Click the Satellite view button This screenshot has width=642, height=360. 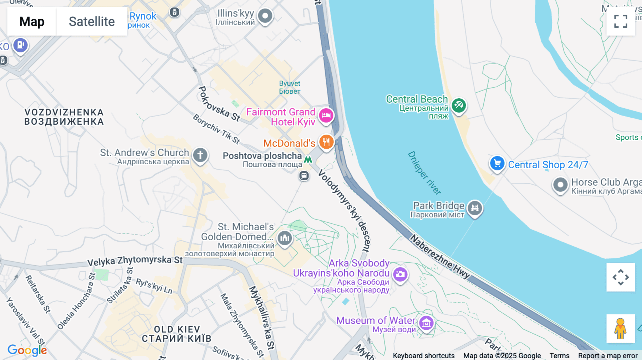click(92, 21)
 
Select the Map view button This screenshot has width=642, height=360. click(32, 21)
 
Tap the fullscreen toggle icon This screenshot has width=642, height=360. click(621, 21)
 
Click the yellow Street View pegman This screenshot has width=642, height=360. click(620, 328)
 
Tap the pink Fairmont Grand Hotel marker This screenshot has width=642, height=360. click(326, 115)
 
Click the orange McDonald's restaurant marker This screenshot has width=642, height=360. click(326, 142)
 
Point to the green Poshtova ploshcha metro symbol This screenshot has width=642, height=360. click(308, 159)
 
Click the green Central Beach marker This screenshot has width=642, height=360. click(459, 106)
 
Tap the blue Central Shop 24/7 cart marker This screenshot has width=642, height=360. click(497, 164)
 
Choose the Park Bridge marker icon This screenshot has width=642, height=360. click(475, 207)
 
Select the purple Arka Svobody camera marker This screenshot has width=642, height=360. click(400, 274)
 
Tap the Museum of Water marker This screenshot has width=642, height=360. click(426, 323)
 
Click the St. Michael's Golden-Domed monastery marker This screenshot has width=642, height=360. click(285, 238)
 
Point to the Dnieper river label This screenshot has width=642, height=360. click(424, 173)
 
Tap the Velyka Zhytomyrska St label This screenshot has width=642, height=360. click(135, 261)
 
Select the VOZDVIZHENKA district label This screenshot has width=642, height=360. click(64, 117)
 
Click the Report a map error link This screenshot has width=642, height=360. click(607, 356)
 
